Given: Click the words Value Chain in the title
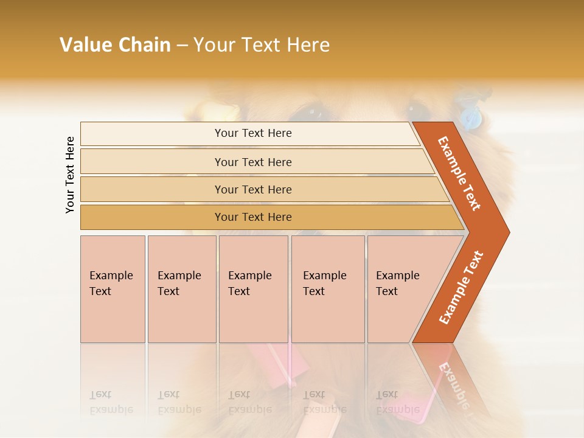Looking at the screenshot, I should pos(115,45).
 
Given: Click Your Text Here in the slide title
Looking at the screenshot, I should pos(262,45).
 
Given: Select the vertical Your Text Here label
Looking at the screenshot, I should pos(70,175).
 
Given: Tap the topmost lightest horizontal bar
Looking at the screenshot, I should pos(253,133).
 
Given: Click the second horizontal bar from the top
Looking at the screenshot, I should pos(253,162).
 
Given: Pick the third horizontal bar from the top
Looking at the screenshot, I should pos(253,189).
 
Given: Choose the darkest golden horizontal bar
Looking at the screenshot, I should pos(253,217).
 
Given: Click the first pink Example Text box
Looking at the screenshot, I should pos(113,289).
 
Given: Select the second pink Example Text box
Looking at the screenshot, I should pos(181,289).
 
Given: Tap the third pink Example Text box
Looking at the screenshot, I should pos(253,289).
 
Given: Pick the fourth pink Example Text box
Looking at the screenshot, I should pos(327,289).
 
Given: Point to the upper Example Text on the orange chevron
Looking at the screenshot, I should pos(459,173).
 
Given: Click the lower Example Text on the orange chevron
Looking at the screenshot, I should pos(461,288).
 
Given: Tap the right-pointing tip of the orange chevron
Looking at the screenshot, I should pos(506,232).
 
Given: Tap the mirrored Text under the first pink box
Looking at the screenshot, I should pos(100,394).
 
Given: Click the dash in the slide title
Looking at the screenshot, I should pos(181,46).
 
